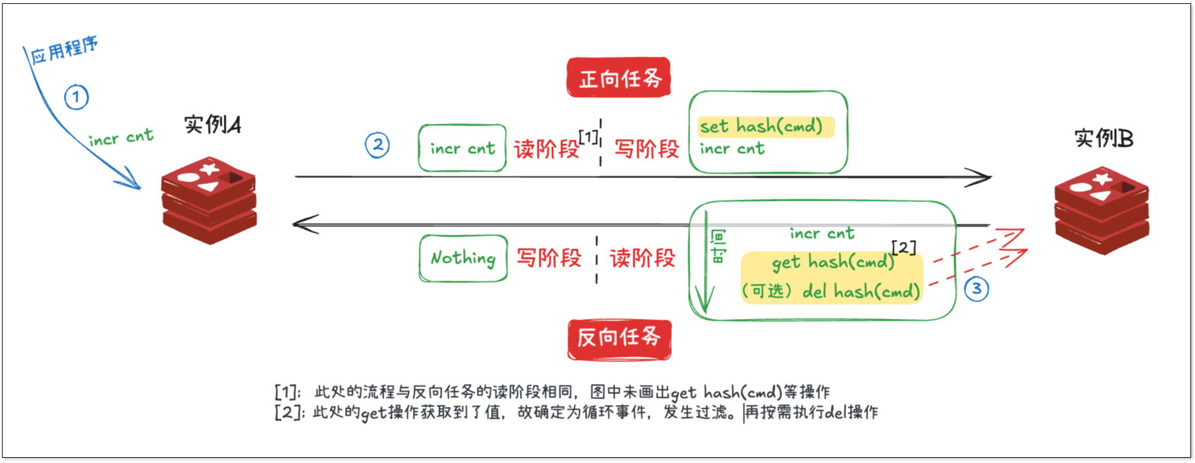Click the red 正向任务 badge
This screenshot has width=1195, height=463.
[x=618, y=78]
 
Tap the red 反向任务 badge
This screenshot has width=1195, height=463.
[x=619, y=338]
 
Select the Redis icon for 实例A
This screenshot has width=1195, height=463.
[x=209, y=200]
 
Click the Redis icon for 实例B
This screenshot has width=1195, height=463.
[x=1102, y=210]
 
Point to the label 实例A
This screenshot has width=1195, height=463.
[x=212, y=124]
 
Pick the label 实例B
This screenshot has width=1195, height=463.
[x=1104, y=138]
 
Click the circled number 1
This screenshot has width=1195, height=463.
[x=76, y=97]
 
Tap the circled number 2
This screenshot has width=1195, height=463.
[x=377, y=145]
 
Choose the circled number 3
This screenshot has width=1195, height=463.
[x=976, y=288]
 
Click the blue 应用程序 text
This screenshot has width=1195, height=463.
[x=64, y=50]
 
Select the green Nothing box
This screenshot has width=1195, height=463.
[x=463, y=258]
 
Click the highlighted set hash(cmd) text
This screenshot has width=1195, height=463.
[x=761, y=126]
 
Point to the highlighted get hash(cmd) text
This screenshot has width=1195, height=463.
[x=832, y=262]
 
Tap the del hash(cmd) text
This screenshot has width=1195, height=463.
[x=860, y=291]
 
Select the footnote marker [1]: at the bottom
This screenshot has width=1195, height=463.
[x=287, y=392]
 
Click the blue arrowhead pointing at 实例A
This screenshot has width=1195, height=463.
[x=134, y=182]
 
